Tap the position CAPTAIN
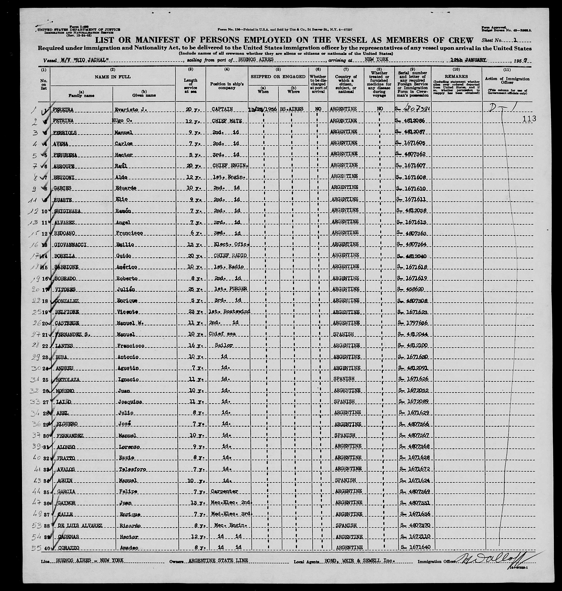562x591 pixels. [222, 109]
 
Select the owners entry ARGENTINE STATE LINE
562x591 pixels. [218, 560]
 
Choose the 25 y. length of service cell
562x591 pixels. [190, 289]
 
